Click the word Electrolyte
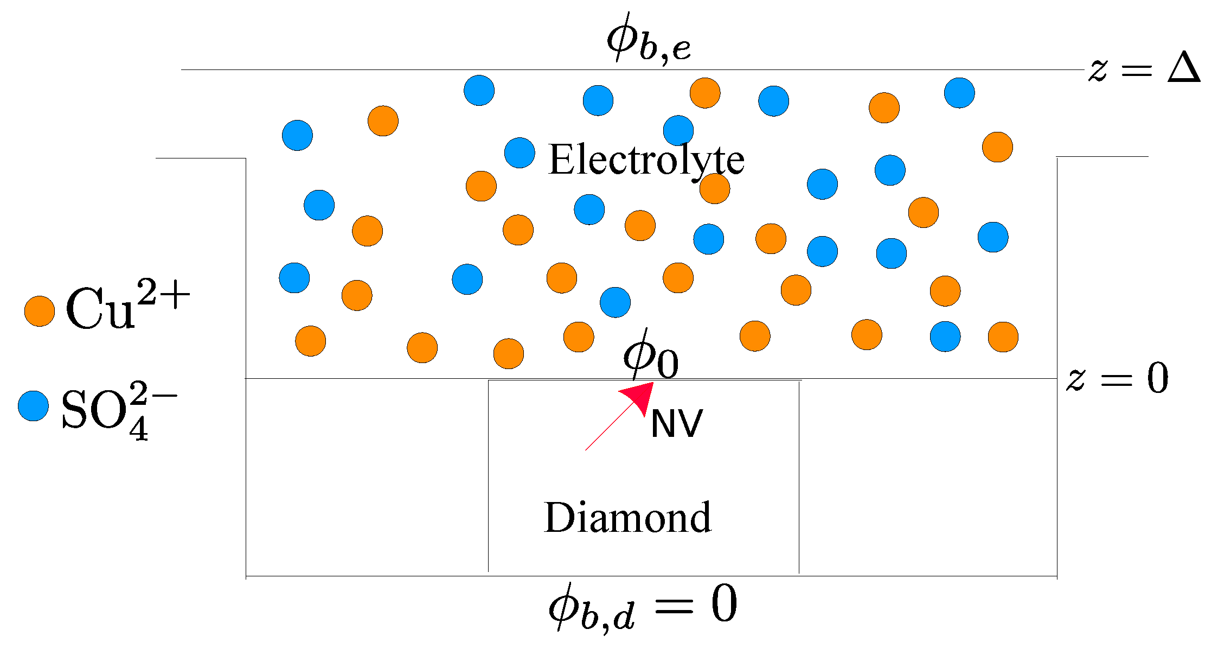(x=646, y=160)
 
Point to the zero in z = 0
(x=1157, y=378)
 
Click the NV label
(x=676, y=424)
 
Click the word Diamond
(x=627, y=517)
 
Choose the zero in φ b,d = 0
(x=724, y=603)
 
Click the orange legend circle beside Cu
(x=40, y=312)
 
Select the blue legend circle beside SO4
(x=33, y=405)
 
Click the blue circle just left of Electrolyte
(x=520, y=153)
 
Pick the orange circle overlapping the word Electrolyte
(x=715, y=188)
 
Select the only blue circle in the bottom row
(x=945, y=336)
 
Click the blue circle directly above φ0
(x=615, y=302)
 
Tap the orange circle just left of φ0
(x=579, y=336)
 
